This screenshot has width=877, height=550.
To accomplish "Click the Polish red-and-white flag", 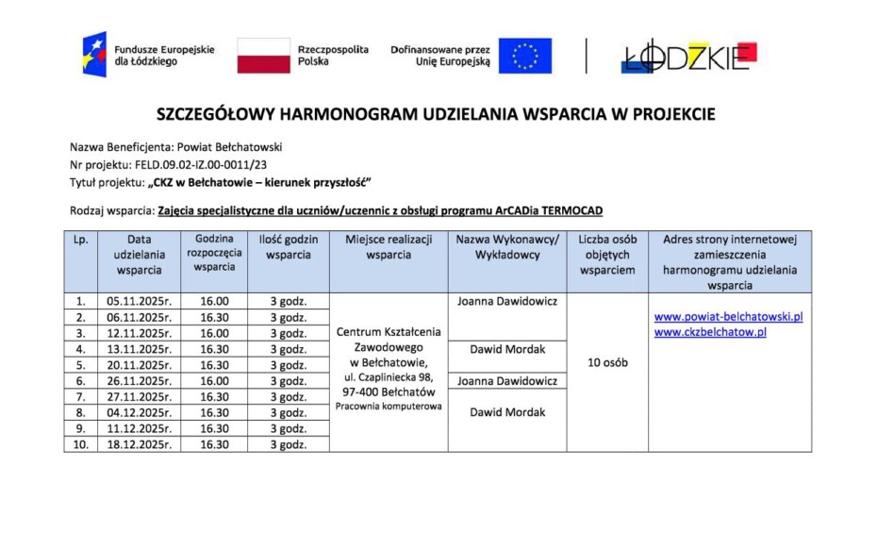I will [x=263, y=56].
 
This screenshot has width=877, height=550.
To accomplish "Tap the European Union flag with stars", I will [x=524, y=56].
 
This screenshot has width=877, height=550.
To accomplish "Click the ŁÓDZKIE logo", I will [x=688, y=57].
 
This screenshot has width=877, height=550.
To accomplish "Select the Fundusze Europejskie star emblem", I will [x=94, y=55].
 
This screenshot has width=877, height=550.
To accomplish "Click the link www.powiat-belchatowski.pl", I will [x=728, y=317].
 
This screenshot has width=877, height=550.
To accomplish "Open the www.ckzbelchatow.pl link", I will [x=710, y=332].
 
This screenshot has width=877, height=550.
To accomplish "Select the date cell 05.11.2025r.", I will [x=140, y=302].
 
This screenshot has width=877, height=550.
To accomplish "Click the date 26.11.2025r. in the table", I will [x=140, y=381].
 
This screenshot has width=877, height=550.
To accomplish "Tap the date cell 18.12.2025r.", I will [x=140, y=444].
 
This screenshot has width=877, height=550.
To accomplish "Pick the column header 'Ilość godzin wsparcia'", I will [x=289, y=247].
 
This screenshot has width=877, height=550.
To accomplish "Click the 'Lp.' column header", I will [x=81, y=240].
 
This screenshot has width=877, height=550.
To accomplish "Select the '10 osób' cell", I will [x=607, y=362].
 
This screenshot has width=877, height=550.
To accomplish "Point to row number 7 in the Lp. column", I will [x=81, y=397].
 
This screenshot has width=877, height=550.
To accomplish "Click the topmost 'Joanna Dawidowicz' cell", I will [x=507, y=302].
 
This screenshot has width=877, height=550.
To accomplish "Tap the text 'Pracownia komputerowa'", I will [x=389, y=407].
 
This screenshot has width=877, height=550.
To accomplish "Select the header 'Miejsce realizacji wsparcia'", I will [x=389, y=247].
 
